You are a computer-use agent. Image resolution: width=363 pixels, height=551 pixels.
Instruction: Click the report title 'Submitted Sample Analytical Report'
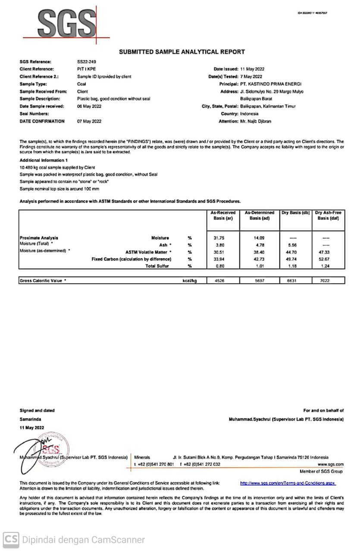pos(181,52)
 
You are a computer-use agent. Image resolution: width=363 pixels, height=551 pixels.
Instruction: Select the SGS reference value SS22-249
pos(84,62)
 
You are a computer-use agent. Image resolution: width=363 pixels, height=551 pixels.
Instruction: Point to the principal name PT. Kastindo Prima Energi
pos(271,84)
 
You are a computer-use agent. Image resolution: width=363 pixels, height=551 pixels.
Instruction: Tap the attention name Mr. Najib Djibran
pos(256,121)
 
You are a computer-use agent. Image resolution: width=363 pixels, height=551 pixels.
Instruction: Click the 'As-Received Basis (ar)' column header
pos(223,215)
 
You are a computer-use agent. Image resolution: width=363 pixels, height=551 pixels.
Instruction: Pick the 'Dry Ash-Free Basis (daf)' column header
pos(328,215)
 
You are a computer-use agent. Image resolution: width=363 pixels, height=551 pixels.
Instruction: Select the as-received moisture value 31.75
pos(220,238)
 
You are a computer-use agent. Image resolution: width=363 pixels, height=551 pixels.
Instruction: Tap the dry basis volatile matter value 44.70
pos(296,252)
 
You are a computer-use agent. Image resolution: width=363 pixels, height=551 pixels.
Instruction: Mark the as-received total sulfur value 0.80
pos(220,266)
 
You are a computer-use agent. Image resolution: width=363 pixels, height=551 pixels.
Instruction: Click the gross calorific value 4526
pos(220,281)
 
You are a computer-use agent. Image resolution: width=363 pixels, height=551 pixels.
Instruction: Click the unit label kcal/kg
pos(190,281)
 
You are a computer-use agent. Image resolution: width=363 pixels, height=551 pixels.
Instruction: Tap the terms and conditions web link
pos(288,483)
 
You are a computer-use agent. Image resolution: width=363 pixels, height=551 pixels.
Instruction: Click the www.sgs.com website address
pos(331,464)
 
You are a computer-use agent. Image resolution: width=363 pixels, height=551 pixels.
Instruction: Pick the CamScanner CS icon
pos(11,540)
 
